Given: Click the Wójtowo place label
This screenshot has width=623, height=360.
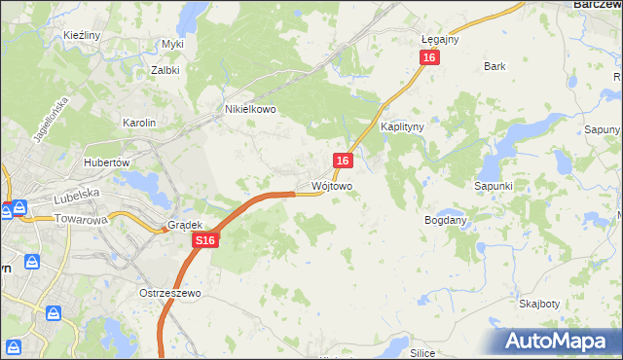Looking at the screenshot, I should click(x=332, y=185).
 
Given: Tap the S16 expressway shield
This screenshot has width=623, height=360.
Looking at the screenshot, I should click(x=204, y=239).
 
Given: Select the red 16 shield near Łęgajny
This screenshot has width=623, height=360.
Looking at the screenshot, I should click(x=430, y=58).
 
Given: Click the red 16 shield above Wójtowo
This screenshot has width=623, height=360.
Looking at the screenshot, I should click(x=343, y=161).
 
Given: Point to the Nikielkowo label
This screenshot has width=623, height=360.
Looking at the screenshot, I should click(x=250, y=110).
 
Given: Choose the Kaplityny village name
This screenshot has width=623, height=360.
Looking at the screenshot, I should click(x=402, y=127).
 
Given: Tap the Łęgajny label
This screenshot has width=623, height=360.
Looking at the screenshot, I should click(x=440, y=39).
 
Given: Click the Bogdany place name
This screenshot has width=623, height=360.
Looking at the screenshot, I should click(x=447, y=220).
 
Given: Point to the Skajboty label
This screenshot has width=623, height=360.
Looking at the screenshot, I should click(x=538, y=304).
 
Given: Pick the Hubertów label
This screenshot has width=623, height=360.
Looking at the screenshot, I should click(x=107, y=162).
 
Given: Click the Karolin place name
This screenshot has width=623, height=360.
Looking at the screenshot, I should click(x=138, y=123).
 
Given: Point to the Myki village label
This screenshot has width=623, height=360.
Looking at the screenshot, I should click(x=173, y=44).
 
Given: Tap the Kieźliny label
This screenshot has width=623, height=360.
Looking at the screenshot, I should click(x=83, y=35).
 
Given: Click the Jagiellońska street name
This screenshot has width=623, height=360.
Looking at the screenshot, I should click(x=51, y=120).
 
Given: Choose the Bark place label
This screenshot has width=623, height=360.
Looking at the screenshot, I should click(x=495, y=67).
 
